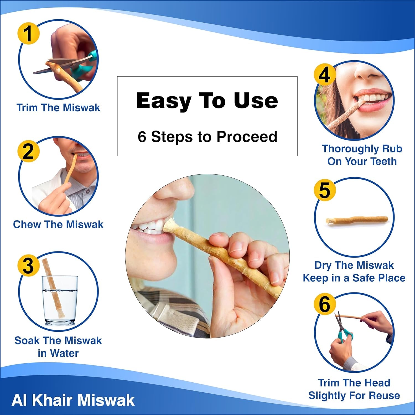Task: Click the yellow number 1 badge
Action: pyautogui.click(x=29, y=33)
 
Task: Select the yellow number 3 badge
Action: pyautogui.click(x=28, y=265)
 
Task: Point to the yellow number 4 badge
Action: pyautogui.click(x=325, y=74)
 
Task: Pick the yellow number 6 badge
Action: pyautogui.click(x=325, y=304)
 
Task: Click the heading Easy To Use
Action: pyautogui.click(x=207, y=101)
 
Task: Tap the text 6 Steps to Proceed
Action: pyautogui.click(x=207, y=137)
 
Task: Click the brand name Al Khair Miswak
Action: pyautogui.click(x=73, y=400)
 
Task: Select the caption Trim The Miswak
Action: pyautogui.click(x=58, y=108)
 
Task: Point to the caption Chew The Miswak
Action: pyautogui.click(x=58, y=224)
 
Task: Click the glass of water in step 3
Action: pyautogui.click(x=60, y=300)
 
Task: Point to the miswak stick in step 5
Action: pyautogui.click(x=357, y=220)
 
